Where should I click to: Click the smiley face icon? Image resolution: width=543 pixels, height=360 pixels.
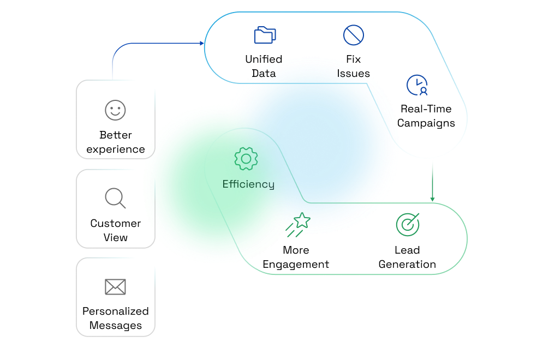tap(115, 110)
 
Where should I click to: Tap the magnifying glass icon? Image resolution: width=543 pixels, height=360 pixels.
tap(115, 198)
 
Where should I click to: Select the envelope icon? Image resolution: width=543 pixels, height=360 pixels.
tap(115, 286)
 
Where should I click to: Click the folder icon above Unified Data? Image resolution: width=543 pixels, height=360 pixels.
tap(265, 35)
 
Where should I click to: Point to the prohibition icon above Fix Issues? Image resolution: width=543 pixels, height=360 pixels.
tap(353, 35)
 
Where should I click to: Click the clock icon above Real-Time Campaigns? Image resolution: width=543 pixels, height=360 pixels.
tap(417, 85)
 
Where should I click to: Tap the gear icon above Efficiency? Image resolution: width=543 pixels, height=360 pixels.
tap(246, 159)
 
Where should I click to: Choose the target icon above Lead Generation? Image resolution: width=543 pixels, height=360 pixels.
tap(407, 224)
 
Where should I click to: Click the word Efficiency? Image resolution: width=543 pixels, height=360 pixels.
tap(248, 184)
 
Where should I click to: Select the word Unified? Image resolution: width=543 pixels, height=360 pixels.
tap(264, 59)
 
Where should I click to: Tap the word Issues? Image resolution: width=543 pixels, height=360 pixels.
tap(353, 74)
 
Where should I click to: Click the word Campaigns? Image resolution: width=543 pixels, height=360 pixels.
tap(426, 123)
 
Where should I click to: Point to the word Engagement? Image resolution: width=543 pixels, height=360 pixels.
tap(296, 265)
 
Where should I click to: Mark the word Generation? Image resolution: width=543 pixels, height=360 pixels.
tap(407, 265)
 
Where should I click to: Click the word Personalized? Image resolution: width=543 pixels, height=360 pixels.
tap(115, 311)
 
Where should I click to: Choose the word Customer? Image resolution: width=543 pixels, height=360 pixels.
tap(115, 224)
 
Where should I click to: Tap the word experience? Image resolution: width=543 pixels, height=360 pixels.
tap(115, 149)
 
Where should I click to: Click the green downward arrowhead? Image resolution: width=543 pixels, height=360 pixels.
tap(432, 199)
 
